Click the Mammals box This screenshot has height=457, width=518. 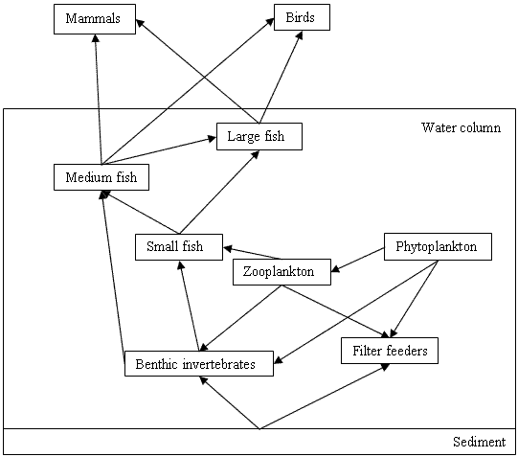coord(95,19)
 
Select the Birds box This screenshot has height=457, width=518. coord(302,17)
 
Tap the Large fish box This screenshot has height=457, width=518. coord(259,136)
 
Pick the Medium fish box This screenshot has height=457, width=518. coord(101,177)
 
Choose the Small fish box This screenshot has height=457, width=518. coord(179,247)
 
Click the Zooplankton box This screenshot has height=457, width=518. coord(282,272)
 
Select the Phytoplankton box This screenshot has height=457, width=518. coord(438,246)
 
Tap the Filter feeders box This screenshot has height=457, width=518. coord(390,351)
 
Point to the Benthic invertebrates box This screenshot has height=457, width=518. coord(199,363)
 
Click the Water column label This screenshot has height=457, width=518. coord(461,127)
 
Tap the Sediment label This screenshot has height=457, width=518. coord(479,442)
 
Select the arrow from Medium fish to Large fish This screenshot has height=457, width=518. coord(159,150)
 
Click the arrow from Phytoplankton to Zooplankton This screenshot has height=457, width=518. coord(358,260)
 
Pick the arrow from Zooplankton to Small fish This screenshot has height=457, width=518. coord(253,253)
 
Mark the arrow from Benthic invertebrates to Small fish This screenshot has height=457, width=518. coord(189,306)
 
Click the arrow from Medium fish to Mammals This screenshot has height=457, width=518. coord(99,99)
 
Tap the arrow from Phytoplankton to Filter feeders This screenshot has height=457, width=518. coord(415,299)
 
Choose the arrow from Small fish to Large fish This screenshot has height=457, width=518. coord(219,192)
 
